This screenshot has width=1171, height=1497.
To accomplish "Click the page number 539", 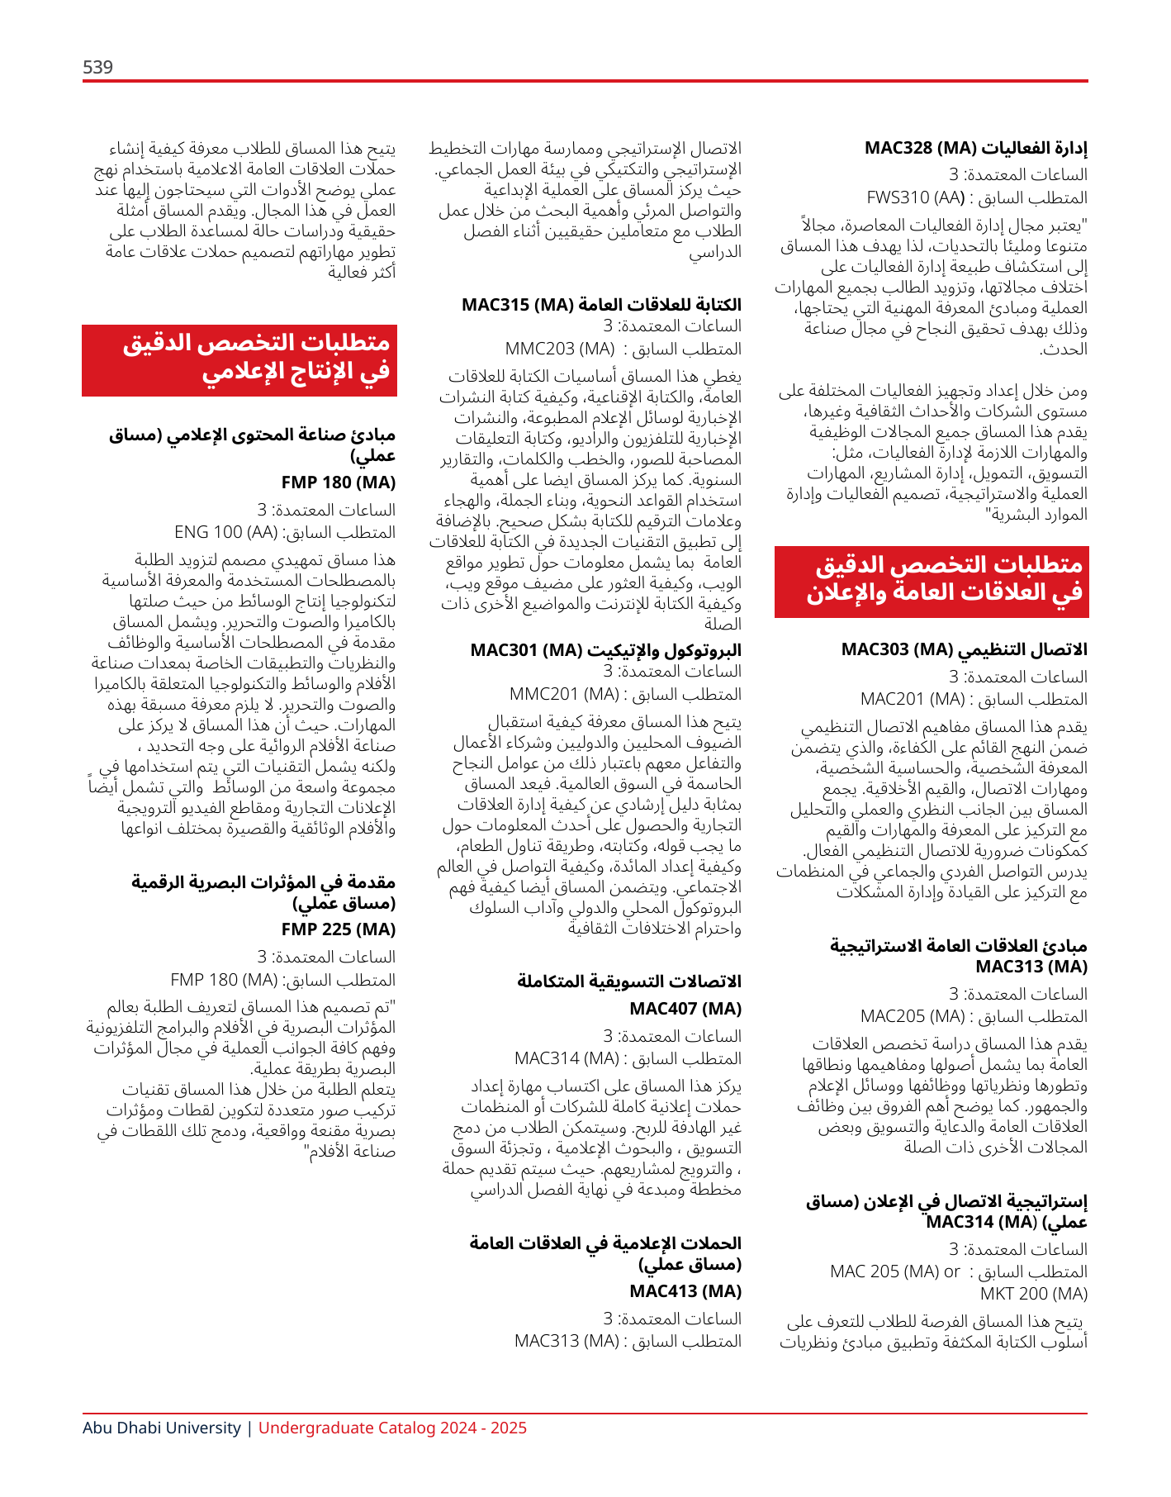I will point(97,67).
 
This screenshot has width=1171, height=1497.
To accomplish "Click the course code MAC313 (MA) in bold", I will point(1031,967).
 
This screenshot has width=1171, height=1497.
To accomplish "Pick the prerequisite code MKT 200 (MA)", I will point(1033,1294).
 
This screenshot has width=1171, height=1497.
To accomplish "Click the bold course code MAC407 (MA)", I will point(685,1009).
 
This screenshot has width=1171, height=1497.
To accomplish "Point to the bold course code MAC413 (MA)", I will point(685,1291).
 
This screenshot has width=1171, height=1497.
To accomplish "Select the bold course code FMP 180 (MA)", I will point(338,482).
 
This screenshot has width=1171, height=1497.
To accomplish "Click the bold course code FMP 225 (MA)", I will point(338,929).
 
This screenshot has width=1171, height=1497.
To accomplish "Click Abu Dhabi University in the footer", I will point(161,1428).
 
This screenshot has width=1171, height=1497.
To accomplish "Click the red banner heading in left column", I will point(239,360).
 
